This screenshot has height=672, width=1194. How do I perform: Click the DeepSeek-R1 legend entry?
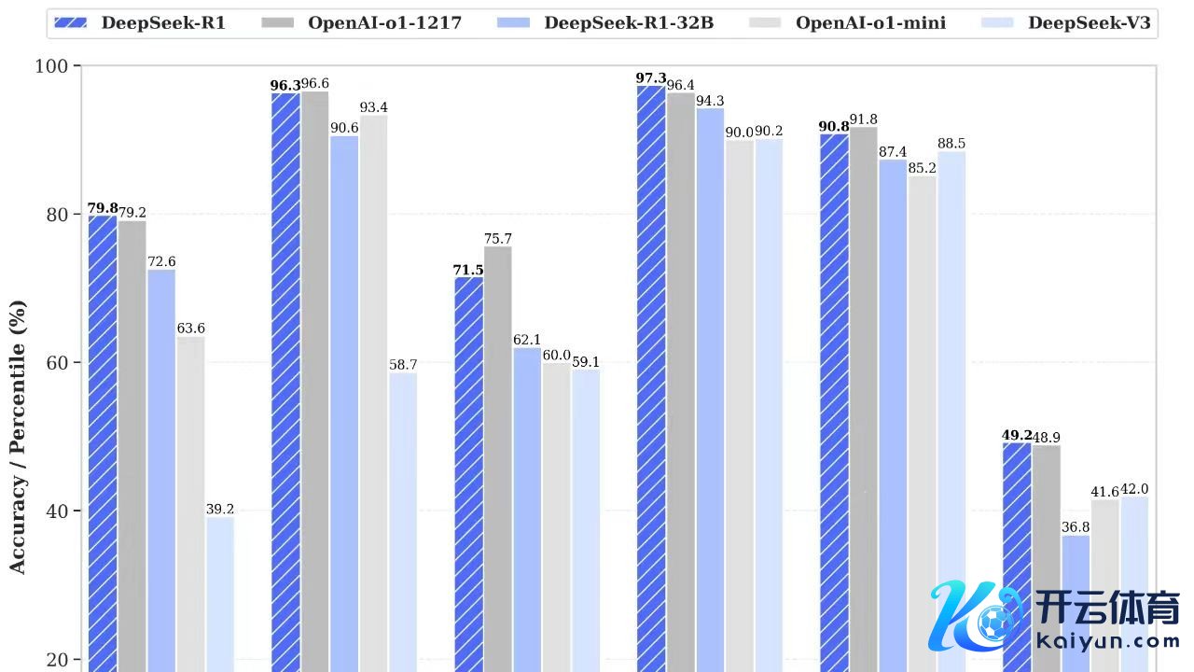pos(140,22)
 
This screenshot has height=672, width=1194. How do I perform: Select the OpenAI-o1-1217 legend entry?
pos(364,22)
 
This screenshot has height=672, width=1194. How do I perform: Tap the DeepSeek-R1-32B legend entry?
pos(607,22)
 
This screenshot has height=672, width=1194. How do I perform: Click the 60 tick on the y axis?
pos(57,363)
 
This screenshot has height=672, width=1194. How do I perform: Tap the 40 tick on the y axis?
pos(57,511)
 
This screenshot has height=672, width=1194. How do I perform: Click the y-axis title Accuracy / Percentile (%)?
pos(18,437)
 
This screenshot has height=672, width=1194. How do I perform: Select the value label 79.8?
pos(102,208)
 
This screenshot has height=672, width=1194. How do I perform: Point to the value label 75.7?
pos(498,239)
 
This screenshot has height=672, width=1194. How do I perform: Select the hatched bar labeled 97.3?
pos(651,373)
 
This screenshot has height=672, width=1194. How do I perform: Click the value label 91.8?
pos(864,119)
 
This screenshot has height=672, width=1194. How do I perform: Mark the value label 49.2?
pos(1017,435)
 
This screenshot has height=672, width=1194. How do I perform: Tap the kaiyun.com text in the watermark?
pos(1108,642)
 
